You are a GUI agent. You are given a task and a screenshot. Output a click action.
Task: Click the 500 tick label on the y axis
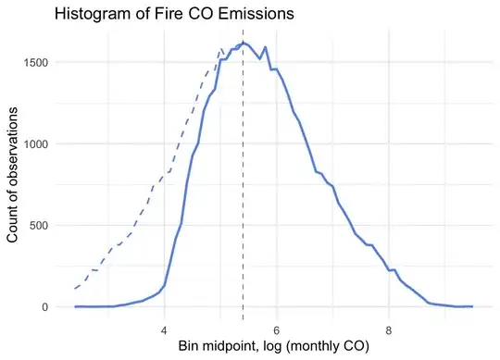(43, 225)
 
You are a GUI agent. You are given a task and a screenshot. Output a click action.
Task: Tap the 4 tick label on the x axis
(164, 328)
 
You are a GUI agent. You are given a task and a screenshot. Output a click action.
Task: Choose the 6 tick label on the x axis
(277, 328)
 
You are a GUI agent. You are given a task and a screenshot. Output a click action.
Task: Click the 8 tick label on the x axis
(389, 328)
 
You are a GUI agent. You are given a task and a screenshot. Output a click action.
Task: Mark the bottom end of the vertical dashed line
(243, 318)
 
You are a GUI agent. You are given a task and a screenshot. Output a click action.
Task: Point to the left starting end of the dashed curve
(75, 289)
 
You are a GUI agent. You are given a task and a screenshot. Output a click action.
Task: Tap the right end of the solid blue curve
(472, 306)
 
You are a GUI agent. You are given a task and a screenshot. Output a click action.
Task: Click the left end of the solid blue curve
(75, 306)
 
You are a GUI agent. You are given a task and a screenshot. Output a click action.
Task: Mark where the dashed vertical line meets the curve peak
(243, 43)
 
